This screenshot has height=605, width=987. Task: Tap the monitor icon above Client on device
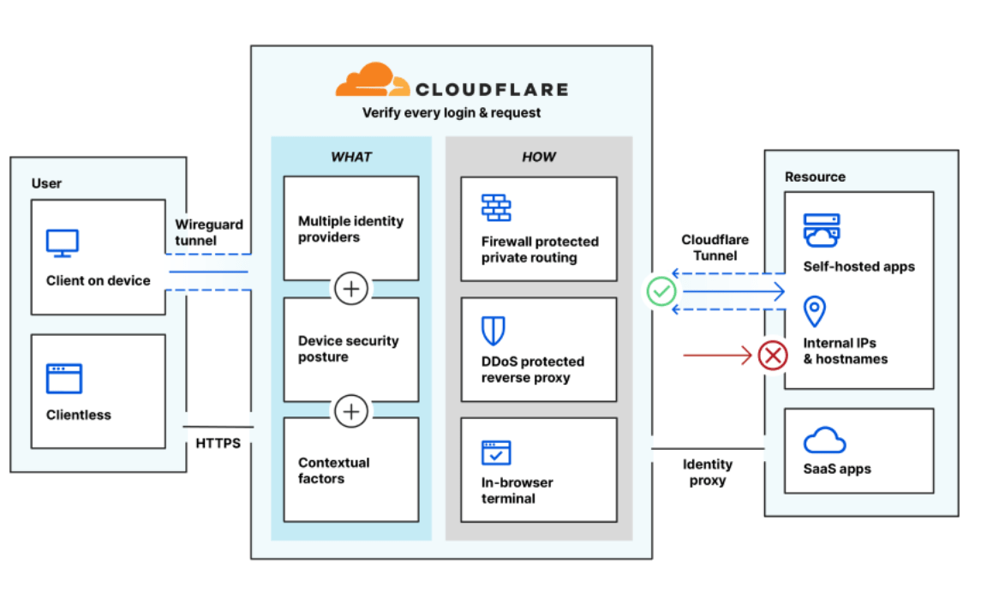pyautogui.click(x=63, y=243)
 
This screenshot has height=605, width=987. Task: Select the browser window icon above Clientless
pyautogui.click(x=63, y=378)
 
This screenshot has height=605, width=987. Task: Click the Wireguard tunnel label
pyautogui.click(x=209, y=232)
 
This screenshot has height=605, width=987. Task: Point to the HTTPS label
pyautogui.click(x=218, y=443)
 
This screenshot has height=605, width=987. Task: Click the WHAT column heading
pyautogui.click(x=350, y=157)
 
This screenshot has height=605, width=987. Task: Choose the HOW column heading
pyautogui.click(x=538, y=157)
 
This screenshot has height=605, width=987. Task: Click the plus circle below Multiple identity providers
pyautogui.click(x=350, y=289)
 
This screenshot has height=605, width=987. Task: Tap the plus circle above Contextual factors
pyautogui.click(x=350, y=411)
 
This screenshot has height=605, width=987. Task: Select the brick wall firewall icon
pyautogui.click(x=495, y=207)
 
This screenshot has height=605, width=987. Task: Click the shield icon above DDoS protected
pyautogui.click(x=493, y=330)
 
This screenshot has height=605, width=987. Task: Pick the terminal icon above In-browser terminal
pyautogui.click(x=495, y=452)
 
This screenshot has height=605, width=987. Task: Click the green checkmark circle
pyautogui.click(x=661, y=292)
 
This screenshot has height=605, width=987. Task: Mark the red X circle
pyautogui.click(x=773, y=355)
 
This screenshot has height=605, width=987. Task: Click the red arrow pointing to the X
pyautogui.click(x=717, y=355)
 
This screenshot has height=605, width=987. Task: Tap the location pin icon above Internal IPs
pyautogui.click(x=814, y=311)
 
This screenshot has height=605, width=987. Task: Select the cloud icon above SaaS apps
pyautogui.click(x=824, y=440)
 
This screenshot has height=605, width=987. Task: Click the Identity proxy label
pyautogui.click(x=707, y=472)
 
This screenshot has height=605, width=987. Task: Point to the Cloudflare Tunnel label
pyautogui.click(x=715, y=248)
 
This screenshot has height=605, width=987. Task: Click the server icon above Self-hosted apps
pyautogui.click(x=822, y=230)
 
